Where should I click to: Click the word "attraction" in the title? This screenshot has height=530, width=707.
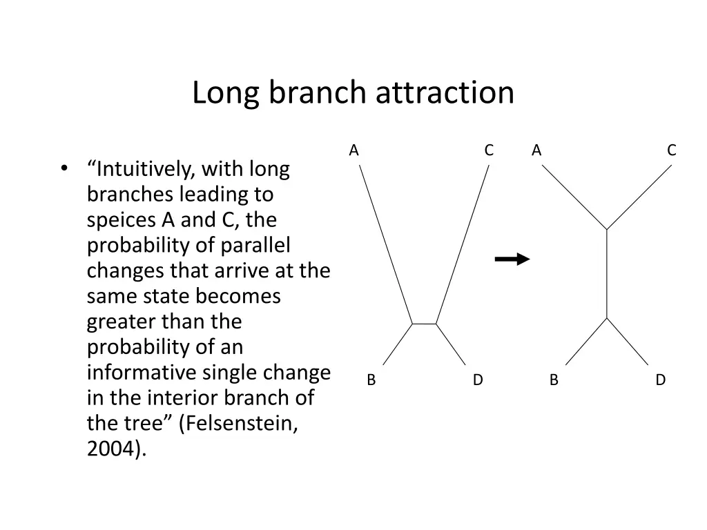445,92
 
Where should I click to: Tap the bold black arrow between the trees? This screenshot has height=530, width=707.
512,259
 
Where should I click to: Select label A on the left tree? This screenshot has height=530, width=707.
354,150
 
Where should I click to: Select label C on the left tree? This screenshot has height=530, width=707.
489,150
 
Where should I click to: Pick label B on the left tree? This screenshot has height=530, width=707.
371,380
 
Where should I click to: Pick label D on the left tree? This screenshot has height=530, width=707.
478,380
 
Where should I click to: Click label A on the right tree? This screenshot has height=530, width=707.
536,150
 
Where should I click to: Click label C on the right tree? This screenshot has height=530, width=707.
671,150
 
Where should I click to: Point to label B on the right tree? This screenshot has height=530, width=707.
554,380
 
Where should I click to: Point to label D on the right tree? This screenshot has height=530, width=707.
661,380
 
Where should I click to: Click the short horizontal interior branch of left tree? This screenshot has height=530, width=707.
424,323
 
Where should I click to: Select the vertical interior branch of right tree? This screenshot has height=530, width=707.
606,273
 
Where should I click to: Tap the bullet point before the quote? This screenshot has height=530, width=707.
64,169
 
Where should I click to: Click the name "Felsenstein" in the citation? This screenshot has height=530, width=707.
238,424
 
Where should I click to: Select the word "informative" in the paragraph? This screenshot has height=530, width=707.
142,373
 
